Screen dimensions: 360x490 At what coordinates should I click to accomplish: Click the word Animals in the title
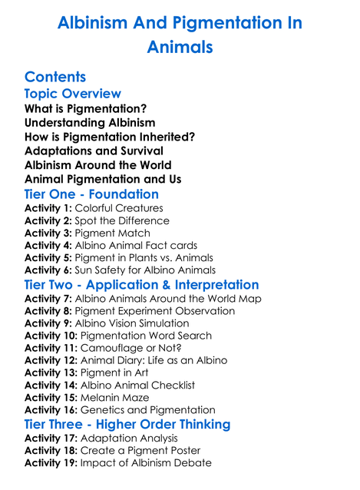pos(179,47)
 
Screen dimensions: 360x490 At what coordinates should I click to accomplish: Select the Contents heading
pos(55,77)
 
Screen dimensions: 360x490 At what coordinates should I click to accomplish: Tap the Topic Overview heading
pos(73,94)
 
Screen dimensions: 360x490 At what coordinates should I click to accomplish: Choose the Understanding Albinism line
pos(90,122)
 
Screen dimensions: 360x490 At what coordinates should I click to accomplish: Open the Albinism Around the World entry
pos(97,165)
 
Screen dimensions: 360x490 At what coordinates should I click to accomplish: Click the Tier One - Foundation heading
pos(91,194)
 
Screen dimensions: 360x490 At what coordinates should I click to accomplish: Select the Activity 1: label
pos(48,208)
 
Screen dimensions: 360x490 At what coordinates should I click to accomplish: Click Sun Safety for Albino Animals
pos(145,270)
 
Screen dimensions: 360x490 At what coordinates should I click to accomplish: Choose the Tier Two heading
pos(141,285)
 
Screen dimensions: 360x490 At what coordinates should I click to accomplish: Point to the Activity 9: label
pos(48,323)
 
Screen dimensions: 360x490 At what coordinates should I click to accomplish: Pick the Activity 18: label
pos(51,450)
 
